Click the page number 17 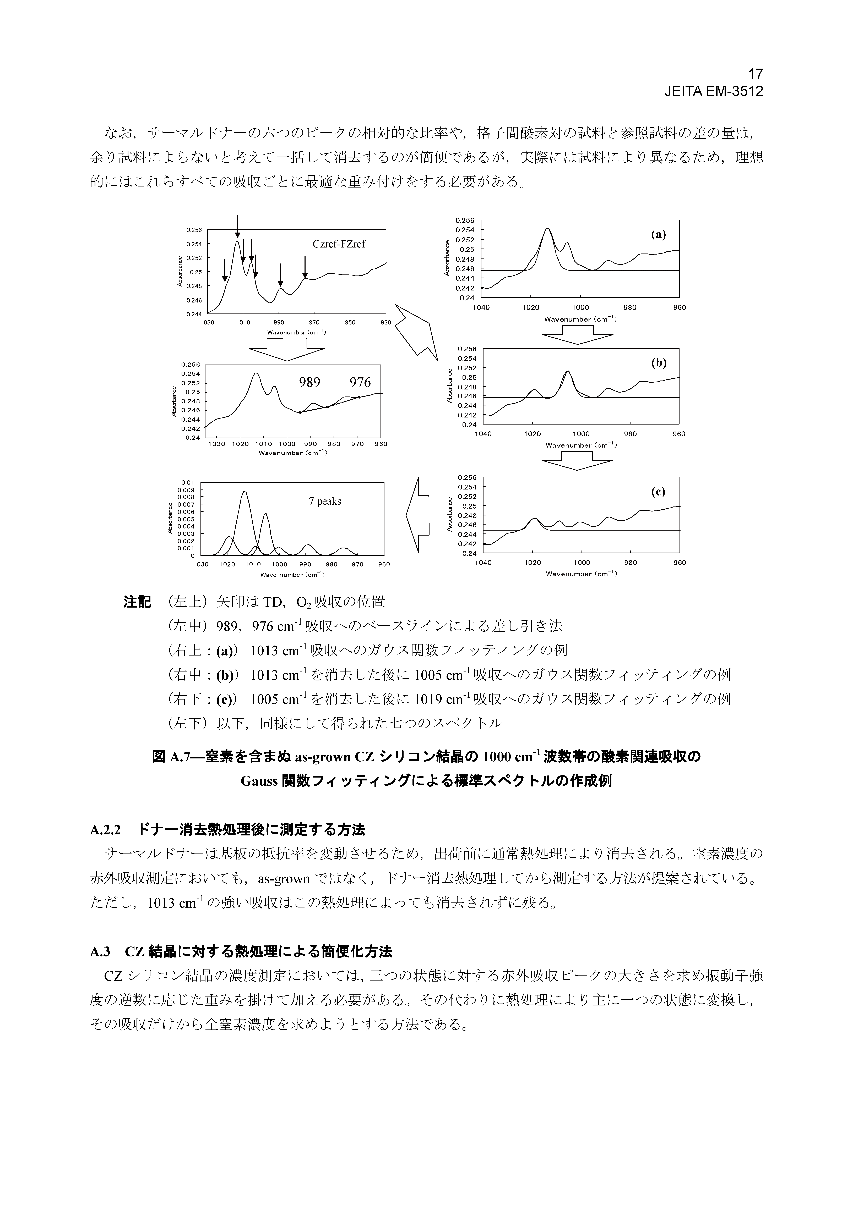pyautogui.click(x=755, y=74)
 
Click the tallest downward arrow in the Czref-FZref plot pyautogui.click(x=238, y=227)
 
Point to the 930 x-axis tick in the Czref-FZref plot pyautogui.click(x=386, y=322)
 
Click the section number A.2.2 pyautogui.click(x=106, y=830)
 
